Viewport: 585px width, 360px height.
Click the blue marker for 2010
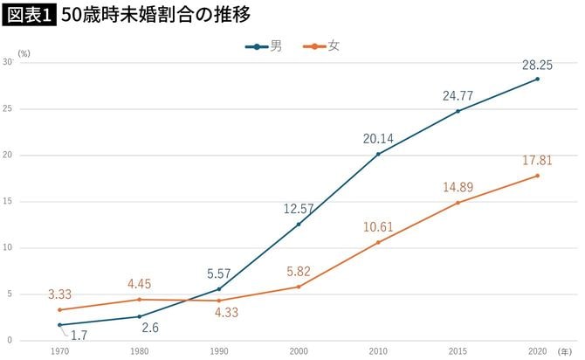(x=377, y=154)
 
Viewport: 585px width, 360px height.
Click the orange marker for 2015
(x=458, y=203)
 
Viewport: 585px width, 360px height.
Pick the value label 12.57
(x=298, y=208)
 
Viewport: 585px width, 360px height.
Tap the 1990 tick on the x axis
(x=218, y=350)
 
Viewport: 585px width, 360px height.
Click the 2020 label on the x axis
(x=537, y=350)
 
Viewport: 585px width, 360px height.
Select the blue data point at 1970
(x=59, y=325)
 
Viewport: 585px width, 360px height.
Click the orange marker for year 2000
(x=298, y=287)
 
